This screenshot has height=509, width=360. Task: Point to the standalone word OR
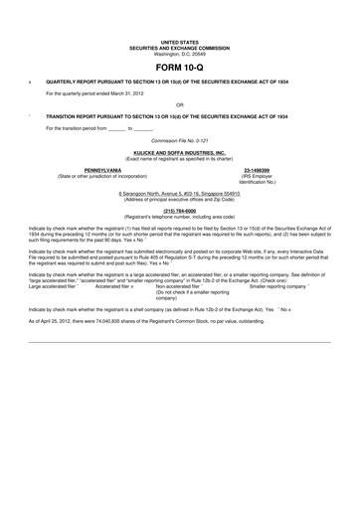[x=179, y=104]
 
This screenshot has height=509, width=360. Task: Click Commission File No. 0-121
[x=179, y=141]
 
